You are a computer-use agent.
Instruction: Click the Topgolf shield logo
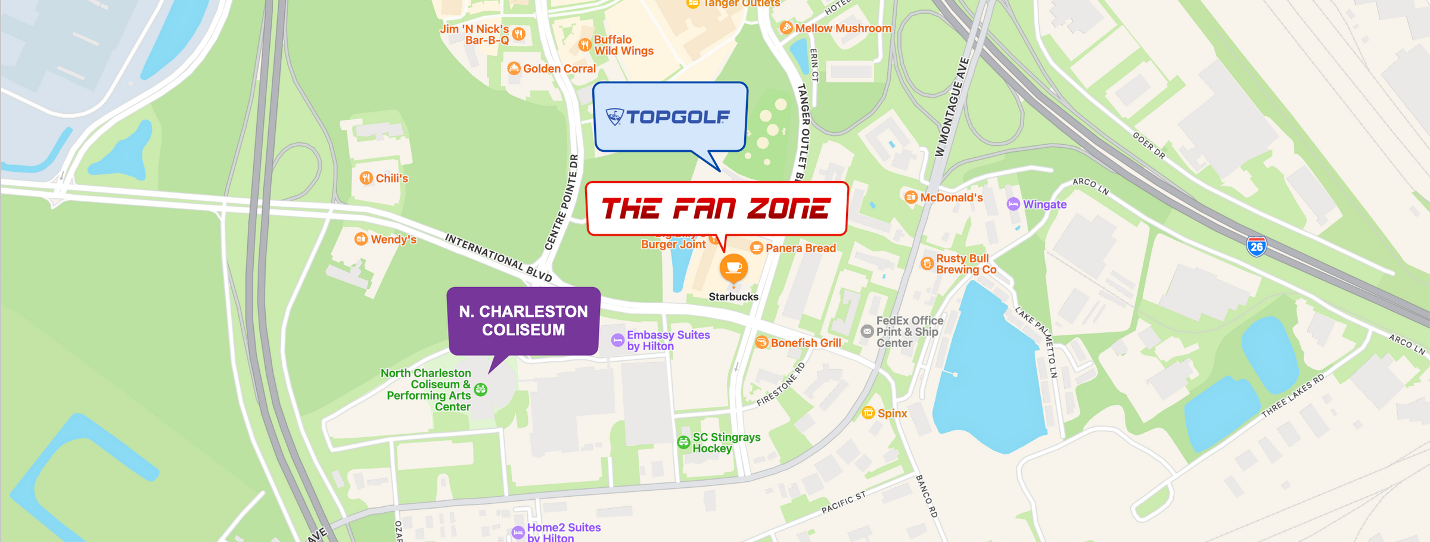(614, 116)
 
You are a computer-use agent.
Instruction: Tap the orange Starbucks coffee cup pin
(733, 267)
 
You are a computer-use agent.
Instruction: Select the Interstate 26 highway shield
(1256, 246)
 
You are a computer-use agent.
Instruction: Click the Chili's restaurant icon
(366, 178)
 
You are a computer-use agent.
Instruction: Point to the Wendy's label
(393, 239)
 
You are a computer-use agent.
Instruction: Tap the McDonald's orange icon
(910, 197)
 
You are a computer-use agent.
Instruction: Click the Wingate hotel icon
(1013, 204)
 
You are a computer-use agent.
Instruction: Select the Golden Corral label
(559, 68)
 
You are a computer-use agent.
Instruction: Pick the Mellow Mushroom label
(843, 28)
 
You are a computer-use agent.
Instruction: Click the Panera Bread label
(800, 248)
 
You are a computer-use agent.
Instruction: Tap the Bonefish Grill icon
(761, 342)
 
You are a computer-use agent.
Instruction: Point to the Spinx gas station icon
(868, 413)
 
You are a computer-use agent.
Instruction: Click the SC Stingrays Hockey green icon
(683, 443)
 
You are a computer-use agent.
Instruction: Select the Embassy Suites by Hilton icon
(618, 340)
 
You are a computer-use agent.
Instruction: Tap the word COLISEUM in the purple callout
(523, 330)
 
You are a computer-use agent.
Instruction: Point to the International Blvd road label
(498, 257)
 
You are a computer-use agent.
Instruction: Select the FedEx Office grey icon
(867, 331)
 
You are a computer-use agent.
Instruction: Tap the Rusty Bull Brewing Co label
(965, 264)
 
